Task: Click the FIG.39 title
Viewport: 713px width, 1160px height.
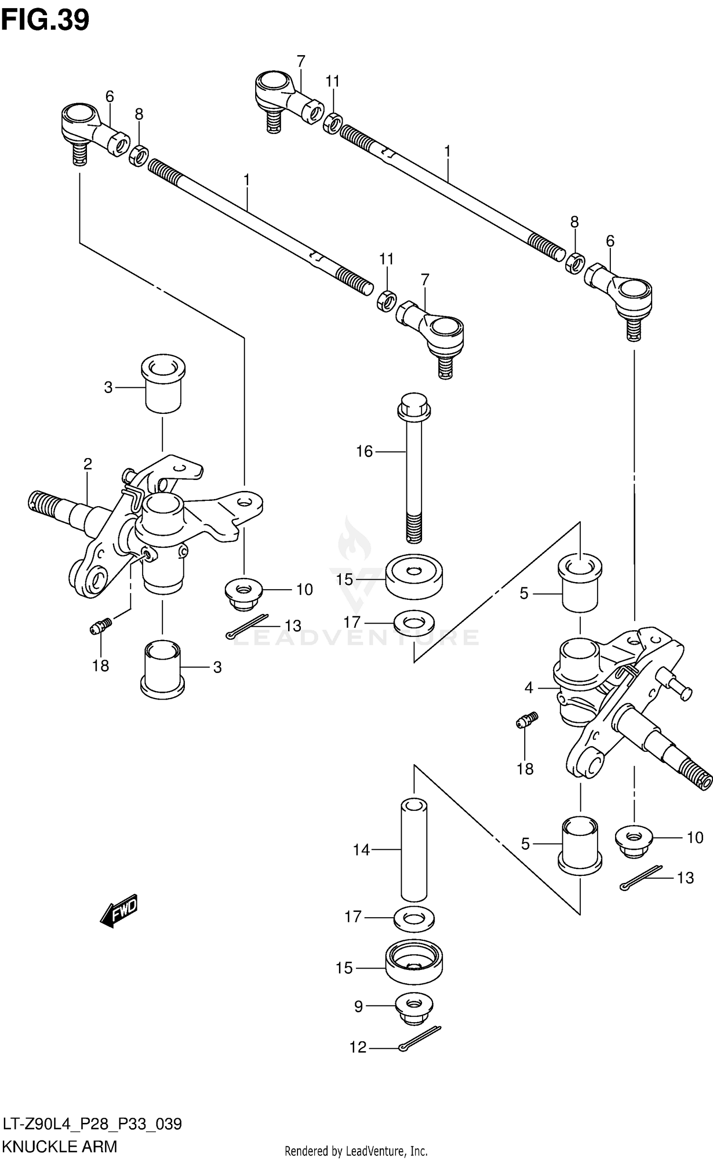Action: [45, 20]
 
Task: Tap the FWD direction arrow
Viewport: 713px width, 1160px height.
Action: [119, 911]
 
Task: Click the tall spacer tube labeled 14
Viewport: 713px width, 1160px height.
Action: [414, 850]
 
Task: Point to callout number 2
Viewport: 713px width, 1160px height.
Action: [87, 464]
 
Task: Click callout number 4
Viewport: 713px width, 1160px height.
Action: [529, 688]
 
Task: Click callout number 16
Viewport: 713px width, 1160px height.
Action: [365, 451]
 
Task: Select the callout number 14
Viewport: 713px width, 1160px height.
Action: [361, 850]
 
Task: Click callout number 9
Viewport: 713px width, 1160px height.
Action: [358, 1006]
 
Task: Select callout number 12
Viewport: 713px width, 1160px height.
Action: [358, 1047]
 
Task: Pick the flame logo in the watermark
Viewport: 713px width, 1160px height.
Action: [354, 542]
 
